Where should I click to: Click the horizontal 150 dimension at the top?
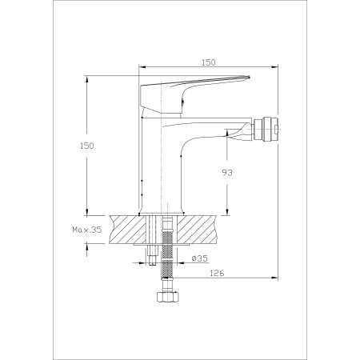tap(209, 62)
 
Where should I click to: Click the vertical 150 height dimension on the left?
tap(87, 146)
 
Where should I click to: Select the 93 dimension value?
tap(227, 173)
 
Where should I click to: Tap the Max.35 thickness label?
tap(87, 230)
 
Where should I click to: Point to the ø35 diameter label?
tap(200, 258)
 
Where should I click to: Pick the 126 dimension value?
tap(218, 273)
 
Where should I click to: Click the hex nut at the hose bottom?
tap(167, 298)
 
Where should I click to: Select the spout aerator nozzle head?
tap(266, 129)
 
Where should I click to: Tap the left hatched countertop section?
tap(128, 229)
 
